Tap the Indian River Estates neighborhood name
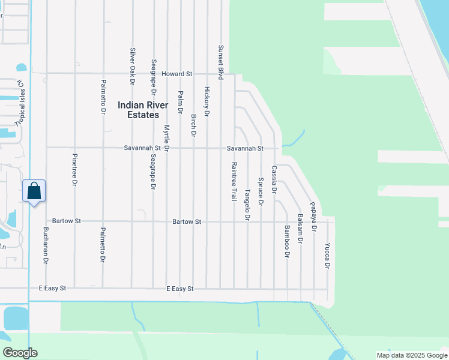(139, 110)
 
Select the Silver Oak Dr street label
(132, 67)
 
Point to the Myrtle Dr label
(167, 138)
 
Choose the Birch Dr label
(193, 124)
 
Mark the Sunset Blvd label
(221, 62)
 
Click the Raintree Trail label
(234, 181)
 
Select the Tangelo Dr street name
(247, 205)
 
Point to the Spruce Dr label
(261, 191)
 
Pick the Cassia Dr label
(274, 179)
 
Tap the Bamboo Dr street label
(287, 242)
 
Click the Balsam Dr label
(300, 229)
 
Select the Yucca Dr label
(327, 256)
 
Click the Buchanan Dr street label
(46, 245)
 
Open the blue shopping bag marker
(34, 191)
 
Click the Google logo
(20, 353)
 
